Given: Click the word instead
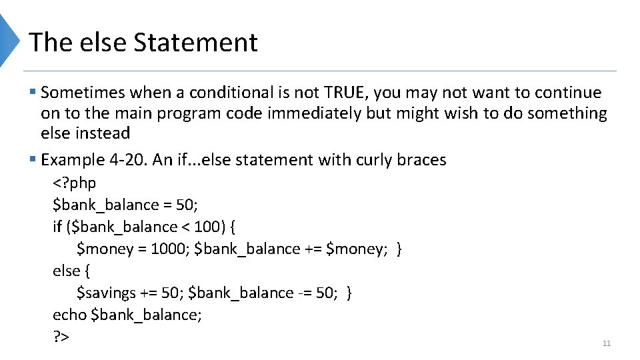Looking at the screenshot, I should [103, 133].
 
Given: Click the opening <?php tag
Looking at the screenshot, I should [75, 183].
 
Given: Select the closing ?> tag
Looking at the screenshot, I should [61, 337].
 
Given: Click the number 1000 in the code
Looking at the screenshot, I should [169, 249].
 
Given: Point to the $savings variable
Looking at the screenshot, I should [105, 293].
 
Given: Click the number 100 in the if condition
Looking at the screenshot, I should [206, 227].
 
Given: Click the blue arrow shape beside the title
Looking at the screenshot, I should [9, 40].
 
